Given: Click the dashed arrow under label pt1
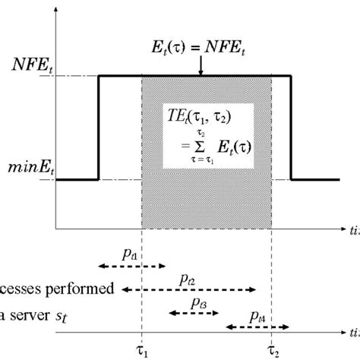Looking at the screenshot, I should pos(131,267).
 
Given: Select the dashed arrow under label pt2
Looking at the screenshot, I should pos(188,289).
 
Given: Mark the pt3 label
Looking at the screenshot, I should pos(199,303).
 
